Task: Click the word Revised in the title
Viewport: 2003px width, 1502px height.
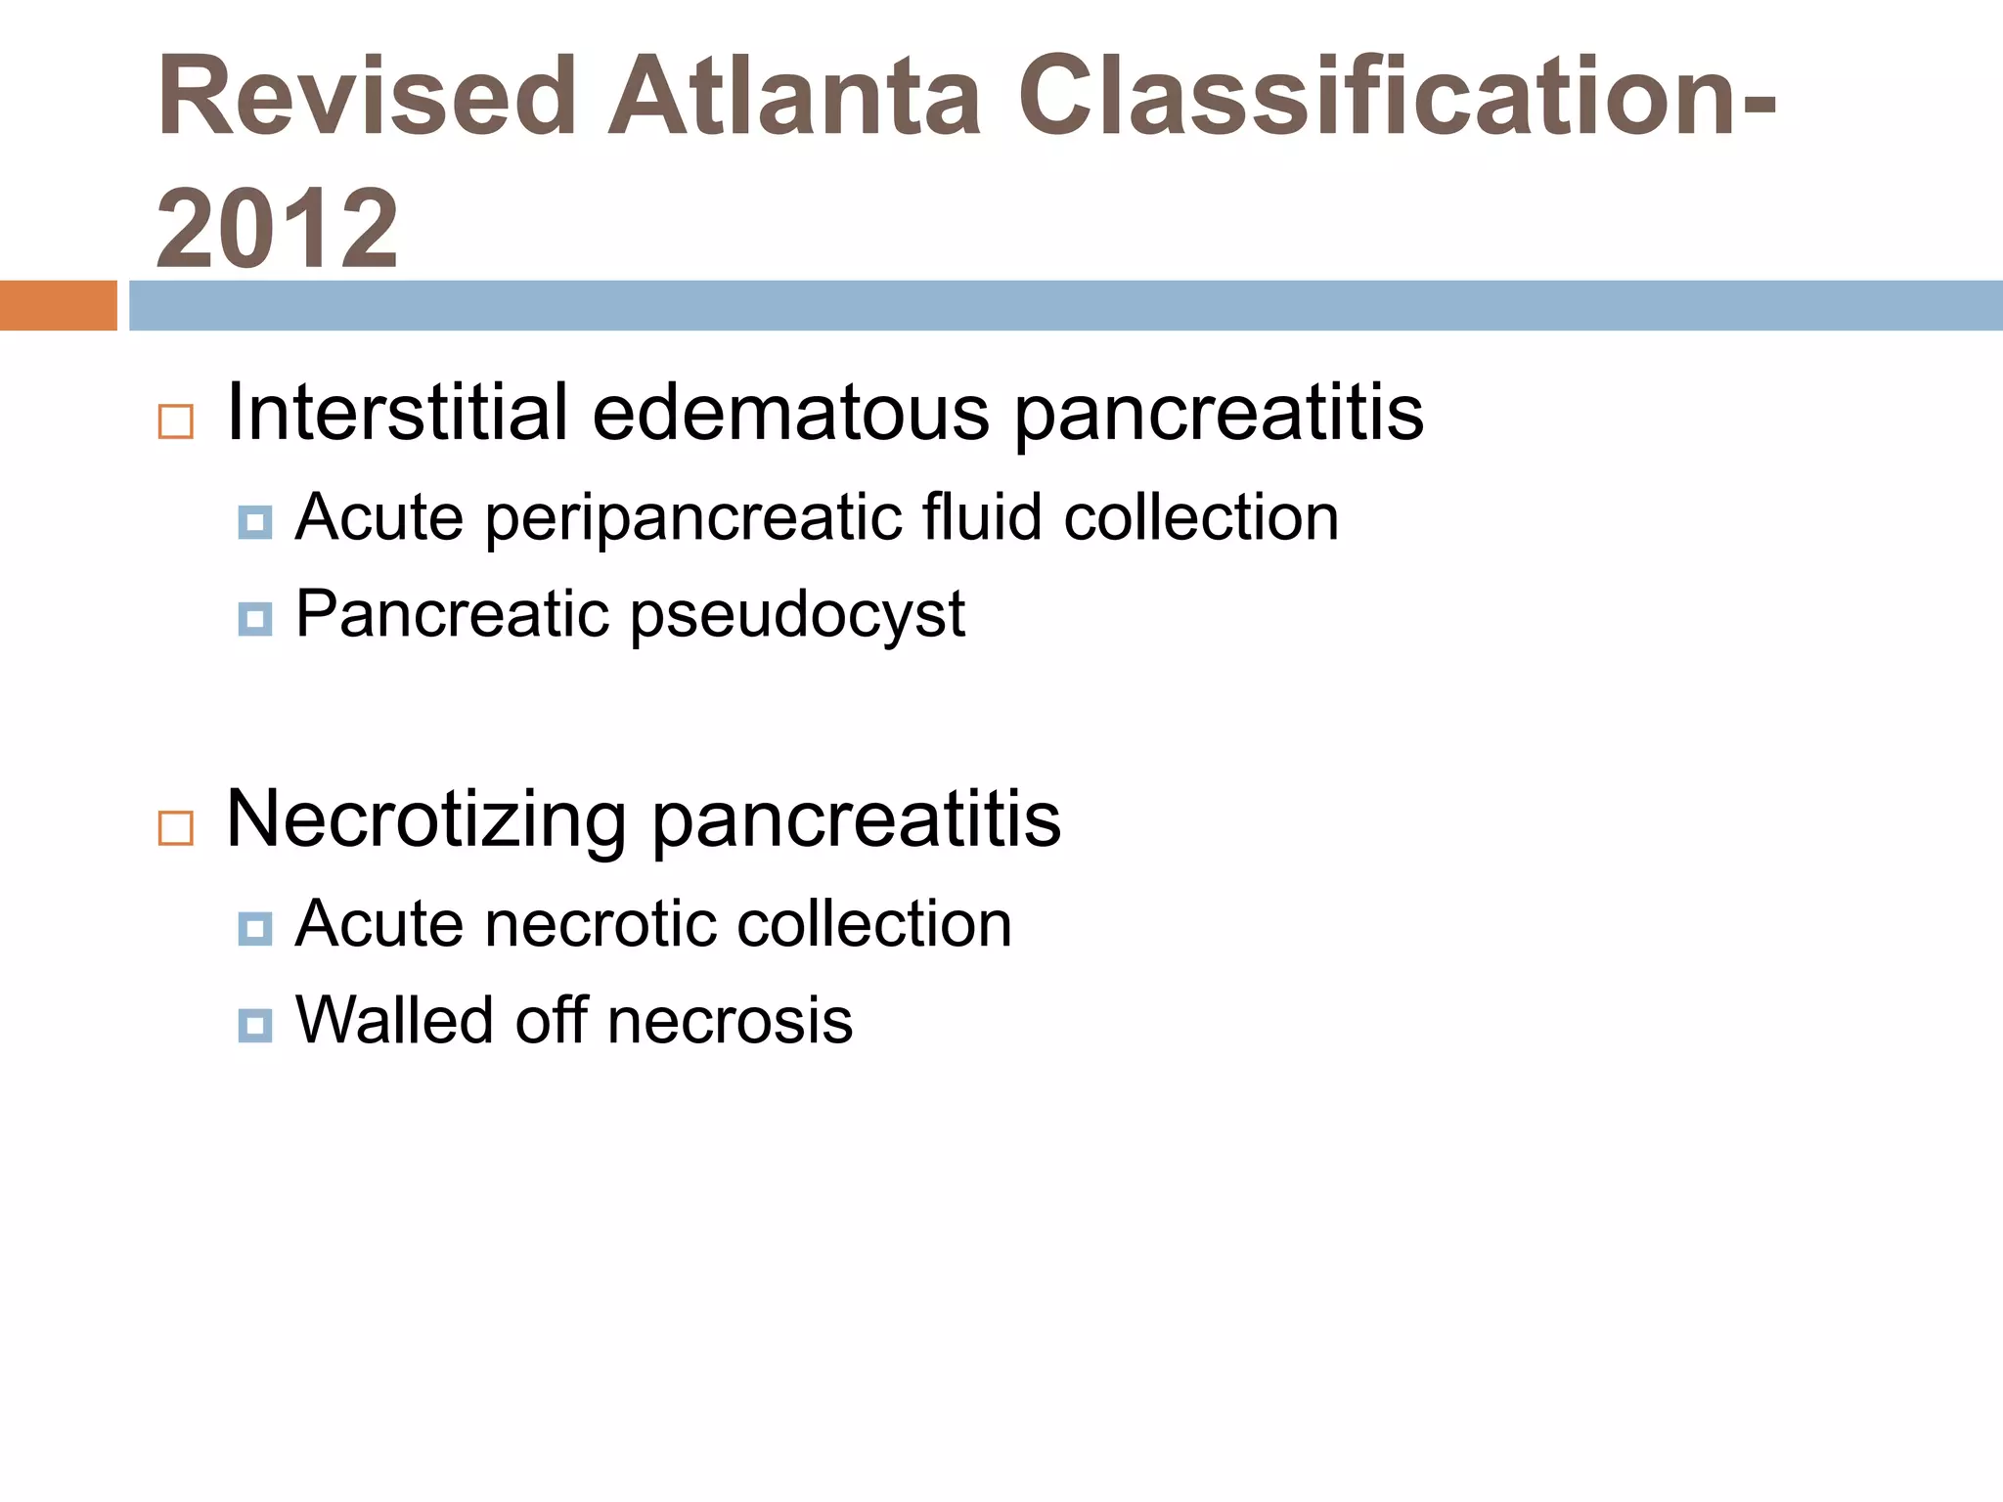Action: pyautogui.click(x=367, y=98)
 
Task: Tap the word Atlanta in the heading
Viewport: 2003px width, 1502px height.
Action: pyautogui.click(x=794, y=98)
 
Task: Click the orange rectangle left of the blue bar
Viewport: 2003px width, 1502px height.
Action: pyautogui.click(x=58, y=305)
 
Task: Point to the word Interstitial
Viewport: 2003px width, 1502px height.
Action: pyautogui.click(x=397, y=413)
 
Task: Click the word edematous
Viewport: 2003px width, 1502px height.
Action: pyautogui.click(x=790, y=413)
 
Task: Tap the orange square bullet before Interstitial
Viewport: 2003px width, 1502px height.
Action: pyautogui.click(x=176, y=421)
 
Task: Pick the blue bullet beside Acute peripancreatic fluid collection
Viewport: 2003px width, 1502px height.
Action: pyautogui.click(x=255, y=522)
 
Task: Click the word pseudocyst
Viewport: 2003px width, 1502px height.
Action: pyautogui.click(x=797, y=616)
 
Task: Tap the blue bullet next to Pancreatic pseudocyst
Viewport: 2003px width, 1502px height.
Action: pyautogui.click(x=255, y=618)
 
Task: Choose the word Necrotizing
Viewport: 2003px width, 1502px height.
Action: pyautogui.click(x=425, y=819)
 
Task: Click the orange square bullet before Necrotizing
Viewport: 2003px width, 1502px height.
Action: pyautogui.click(x=176, y=828)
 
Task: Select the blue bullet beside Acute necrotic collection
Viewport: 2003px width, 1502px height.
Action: pyautogui.click(x=255, y=928)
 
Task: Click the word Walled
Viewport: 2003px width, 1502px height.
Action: pyautogui.click(x=394, y=1021)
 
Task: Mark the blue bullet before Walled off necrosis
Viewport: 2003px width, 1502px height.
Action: pyautogui.click(x=255, y=1025)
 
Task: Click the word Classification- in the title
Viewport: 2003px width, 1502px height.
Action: pyautogui.click(x=1397, y=98)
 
